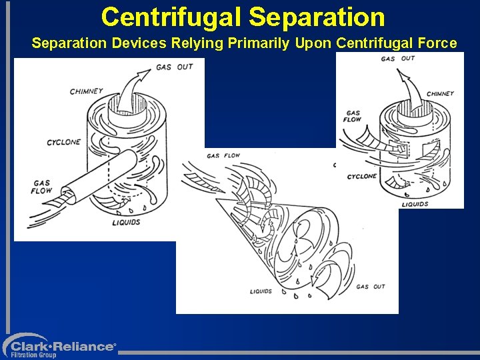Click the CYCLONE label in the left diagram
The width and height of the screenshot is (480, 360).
(63, 142)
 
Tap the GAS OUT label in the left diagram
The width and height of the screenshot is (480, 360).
(174, 67)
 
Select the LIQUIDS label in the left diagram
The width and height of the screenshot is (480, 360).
(126, 222)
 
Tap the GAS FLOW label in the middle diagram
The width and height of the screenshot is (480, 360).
(223, 156)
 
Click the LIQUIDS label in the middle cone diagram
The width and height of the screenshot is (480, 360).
(261, 291)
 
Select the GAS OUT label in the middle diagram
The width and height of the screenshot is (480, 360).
(370, 287)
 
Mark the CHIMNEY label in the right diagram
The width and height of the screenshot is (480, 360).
(439, 94)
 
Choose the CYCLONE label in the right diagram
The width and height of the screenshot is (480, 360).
(361, 177)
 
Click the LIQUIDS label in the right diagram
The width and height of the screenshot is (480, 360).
(415, 204)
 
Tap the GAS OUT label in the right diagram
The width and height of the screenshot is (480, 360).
(397, 59)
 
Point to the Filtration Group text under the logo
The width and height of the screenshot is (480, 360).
(34, 355)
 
